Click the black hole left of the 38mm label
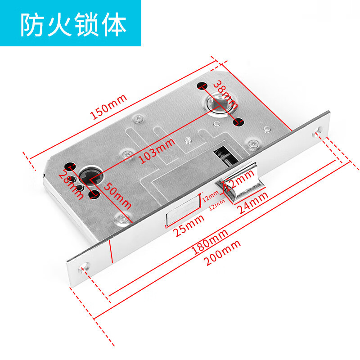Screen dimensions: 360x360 click(201, 85)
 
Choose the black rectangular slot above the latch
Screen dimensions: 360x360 click(221, 156)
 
